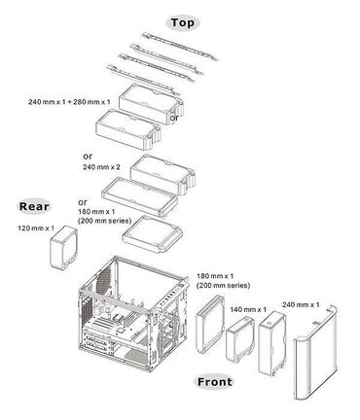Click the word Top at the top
click(181, 21)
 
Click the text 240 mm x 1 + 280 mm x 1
click(71, 101)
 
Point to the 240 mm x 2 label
click(103, 167)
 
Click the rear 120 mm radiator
click(64, 248)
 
